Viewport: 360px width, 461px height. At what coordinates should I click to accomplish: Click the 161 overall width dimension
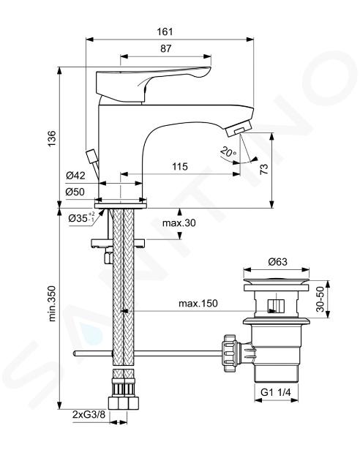click(165, 31)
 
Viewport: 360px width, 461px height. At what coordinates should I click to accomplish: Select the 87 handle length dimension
click(166, 48)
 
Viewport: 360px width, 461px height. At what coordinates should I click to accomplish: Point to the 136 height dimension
click(51, 138)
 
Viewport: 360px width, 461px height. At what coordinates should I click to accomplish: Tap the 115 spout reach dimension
click(179, 167)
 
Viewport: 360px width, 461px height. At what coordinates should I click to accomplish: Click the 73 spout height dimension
click(264, 169)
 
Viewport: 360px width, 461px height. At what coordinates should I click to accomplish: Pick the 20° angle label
click(228, 151)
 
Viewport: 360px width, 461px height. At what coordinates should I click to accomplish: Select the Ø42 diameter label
click(75, 176)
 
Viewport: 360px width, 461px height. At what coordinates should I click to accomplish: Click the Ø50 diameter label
click(75, 192)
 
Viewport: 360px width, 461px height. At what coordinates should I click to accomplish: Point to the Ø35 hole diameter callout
click(81, 217)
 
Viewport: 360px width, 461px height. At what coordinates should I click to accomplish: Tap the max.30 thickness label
click(179, 223)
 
